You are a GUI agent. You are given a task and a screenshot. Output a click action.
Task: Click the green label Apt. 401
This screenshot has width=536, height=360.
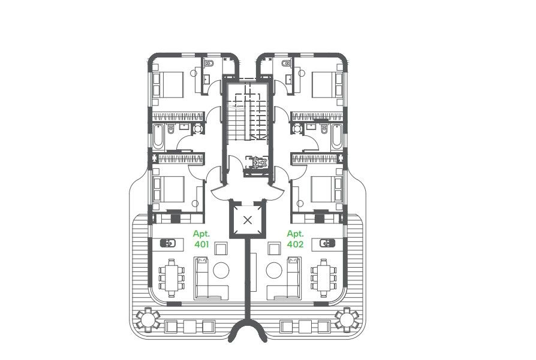coord(200,239)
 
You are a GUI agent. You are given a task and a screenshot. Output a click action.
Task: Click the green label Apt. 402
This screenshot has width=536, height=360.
coord(295,239)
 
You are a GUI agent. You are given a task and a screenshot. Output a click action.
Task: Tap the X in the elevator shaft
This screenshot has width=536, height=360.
coord(248,220)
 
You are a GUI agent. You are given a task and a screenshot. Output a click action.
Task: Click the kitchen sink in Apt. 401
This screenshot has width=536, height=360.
coord(168,243)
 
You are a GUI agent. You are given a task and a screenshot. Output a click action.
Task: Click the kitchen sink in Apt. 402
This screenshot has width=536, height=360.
coord(327,243)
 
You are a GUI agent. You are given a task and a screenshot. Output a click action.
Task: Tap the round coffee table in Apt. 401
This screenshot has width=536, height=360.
coord(221,269)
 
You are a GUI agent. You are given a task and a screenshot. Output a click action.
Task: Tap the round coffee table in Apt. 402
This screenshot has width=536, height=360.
coord(274,269)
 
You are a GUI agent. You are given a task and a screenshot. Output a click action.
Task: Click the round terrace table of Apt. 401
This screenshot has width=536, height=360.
coord(147,319)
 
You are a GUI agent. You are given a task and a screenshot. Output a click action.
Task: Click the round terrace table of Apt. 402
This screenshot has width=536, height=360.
coord(347,319)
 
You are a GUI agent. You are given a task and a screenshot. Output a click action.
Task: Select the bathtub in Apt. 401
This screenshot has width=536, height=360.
coord(158,138)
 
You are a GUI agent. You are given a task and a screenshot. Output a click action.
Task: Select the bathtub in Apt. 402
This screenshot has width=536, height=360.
coord(337,138)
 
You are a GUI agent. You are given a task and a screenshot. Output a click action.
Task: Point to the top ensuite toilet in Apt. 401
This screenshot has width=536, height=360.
coord(208,63)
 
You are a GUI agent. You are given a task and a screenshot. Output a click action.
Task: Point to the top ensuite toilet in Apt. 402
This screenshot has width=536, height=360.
coord(287,63)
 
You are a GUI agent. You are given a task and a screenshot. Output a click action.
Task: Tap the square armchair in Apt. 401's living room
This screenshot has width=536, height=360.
coord(221,247)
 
